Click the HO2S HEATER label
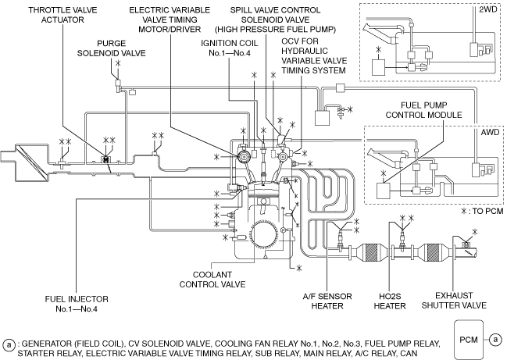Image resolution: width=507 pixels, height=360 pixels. [404, 301]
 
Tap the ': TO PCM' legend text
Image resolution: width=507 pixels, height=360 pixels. [484, 211]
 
